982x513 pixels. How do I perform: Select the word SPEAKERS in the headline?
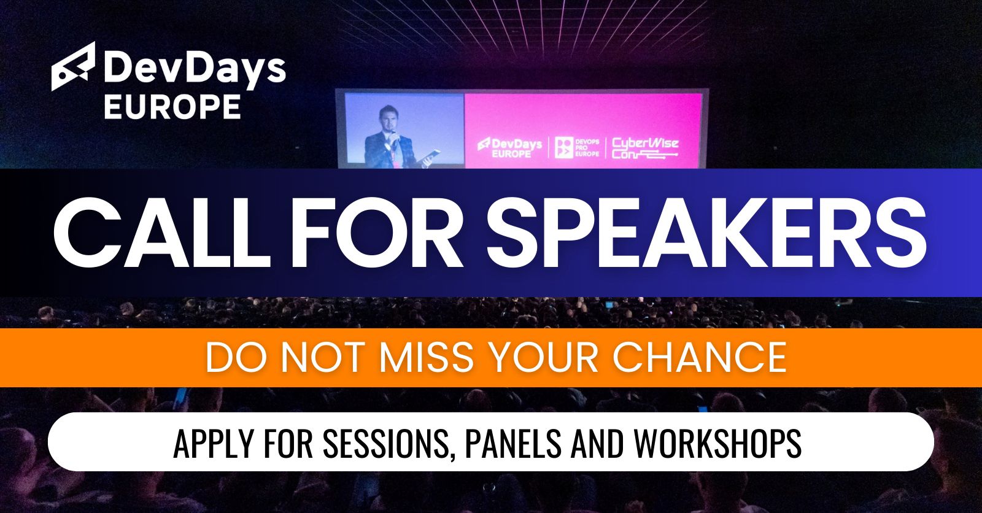point(706,233)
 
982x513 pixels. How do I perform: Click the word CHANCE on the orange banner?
point(699,357)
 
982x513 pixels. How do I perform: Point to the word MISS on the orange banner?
point(427,357)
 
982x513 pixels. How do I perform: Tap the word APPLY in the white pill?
point(214,443)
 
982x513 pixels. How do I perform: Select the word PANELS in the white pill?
point(513,443)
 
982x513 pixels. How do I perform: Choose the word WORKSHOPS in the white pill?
point(717,443)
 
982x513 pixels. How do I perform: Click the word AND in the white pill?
point(597,443)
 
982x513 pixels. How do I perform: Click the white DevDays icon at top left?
point(74,66)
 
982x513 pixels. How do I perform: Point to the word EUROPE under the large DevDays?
point(172,107)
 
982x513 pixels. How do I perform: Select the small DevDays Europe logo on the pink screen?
point(511,148)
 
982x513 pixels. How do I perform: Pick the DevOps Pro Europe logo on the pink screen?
point(577,148)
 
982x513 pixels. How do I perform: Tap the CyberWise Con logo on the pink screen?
point(644,148)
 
